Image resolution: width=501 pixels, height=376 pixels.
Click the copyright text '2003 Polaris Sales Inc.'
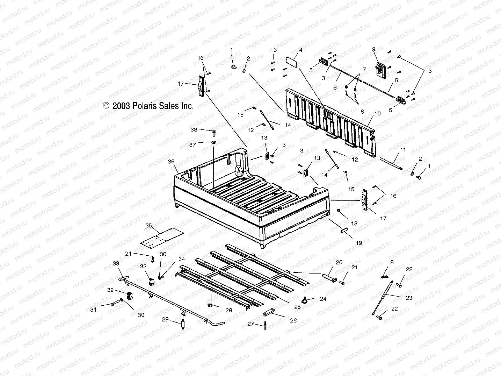(153, 106)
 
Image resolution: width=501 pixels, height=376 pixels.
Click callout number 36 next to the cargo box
(171, 161)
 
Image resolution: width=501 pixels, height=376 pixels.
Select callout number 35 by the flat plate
(148, 226)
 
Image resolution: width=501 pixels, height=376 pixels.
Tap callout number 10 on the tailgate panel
(377, 113)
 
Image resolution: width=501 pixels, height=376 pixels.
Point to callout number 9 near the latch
(373, 49)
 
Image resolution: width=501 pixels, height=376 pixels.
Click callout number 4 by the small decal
(300, 50)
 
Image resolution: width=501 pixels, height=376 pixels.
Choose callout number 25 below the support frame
(297, 307)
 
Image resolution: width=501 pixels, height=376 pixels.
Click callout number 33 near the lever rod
(116, 263)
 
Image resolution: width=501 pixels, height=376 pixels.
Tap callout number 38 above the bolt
(194, 129)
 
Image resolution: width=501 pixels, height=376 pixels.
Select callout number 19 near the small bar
(358, 243)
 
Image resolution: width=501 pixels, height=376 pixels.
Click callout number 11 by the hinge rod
(403, 149)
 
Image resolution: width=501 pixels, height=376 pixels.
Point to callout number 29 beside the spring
(165, 319)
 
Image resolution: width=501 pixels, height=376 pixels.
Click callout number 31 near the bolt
(93, 309)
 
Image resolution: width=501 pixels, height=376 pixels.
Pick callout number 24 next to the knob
(323, 299)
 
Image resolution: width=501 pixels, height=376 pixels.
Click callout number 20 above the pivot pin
(339, 262)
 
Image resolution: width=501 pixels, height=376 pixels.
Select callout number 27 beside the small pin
(250, 324)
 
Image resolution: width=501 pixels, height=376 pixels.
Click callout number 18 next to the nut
(354, 223)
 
